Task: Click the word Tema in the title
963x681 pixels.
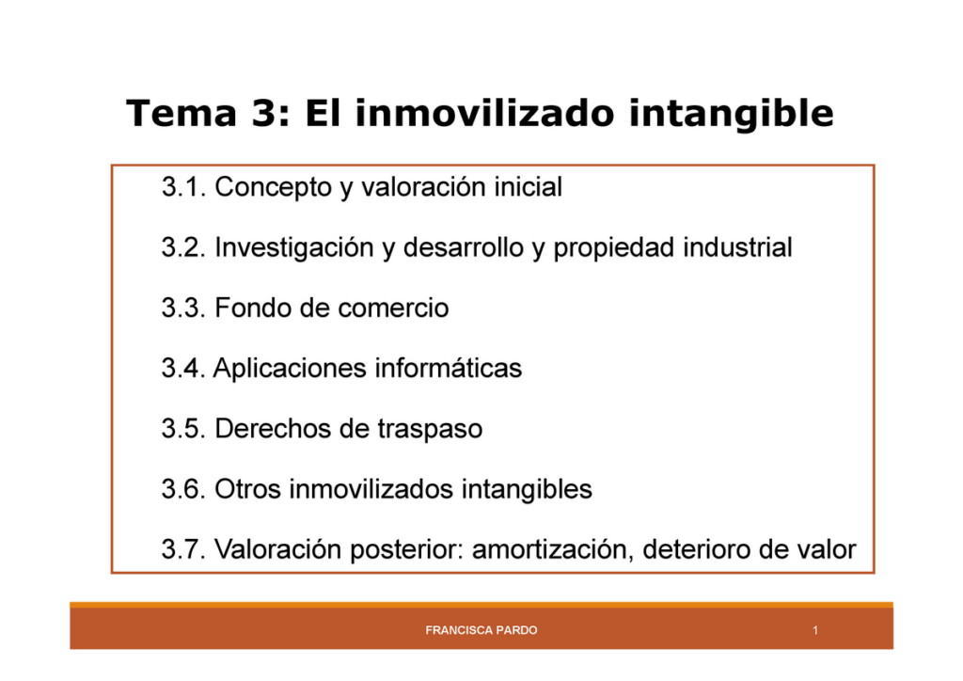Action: pyautogui.click(x=182, y=113)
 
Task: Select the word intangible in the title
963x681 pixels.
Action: pyautogui.click(x=731, y=113)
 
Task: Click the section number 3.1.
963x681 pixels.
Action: pyautogui.click(x=183, y=186)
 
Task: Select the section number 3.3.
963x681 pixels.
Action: pyautogui.click(x=183, y=308)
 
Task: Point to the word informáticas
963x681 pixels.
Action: pyautogui.click(x=449, y=369)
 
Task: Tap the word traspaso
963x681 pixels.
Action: pyautogui.click(x=430, y=429)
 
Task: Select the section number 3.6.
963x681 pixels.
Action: pyautogui.click(x=183, y=489)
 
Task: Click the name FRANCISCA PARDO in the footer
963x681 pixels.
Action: pyautogui.click(x=481, y=630)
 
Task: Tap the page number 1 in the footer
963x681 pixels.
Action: pyautogui.click(x=815, y=630)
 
